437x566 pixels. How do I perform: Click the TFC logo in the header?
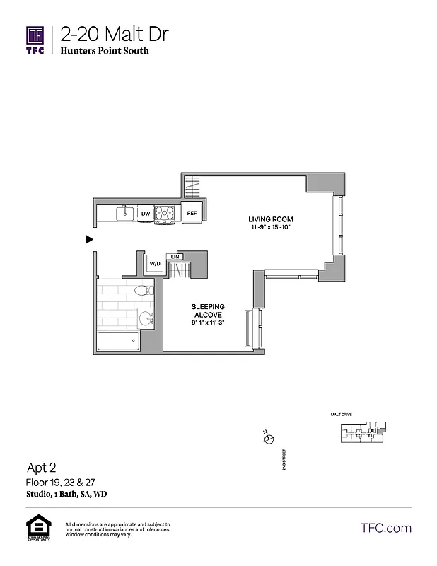click(35, 40)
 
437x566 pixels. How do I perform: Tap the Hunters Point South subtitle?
click(105, 51)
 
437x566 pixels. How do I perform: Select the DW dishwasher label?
click(145, 213)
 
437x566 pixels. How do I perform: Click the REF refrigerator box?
click(191, 213)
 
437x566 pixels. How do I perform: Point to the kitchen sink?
click(125, 212)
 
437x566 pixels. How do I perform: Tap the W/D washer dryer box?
click(154, 264)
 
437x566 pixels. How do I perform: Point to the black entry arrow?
click(90, 240)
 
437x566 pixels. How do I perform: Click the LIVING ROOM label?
click(270, 218)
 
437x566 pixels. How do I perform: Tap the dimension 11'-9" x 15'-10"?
click(270, 226)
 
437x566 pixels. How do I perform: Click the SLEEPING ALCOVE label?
click(207, 311)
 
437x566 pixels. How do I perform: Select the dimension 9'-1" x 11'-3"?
click(207, 323)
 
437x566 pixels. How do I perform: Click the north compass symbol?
click(267, 439)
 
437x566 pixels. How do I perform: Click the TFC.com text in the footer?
click(385, 528)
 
